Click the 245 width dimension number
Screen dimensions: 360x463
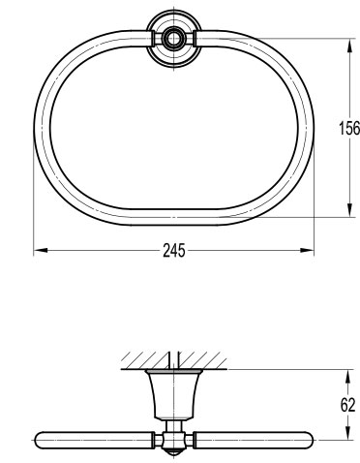coord(174,250)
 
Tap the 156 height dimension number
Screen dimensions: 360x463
coord(349,128)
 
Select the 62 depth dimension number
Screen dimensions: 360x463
coord(347,405)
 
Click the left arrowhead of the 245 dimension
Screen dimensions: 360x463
coord(41,250)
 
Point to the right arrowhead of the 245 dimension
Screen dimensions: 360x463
coord(307,250)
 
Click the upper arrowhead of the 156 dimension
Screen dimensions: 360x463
coord(349,46)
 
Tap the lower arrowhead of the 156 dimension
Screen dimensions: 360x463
coord(349,210)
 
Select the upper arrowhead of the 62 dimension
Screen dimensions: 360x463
coord(347,377)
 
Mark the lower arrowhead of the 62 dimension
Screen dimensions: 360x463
coord(347,432)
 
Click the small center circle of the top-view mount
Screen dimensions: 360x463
coord(174,38)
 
